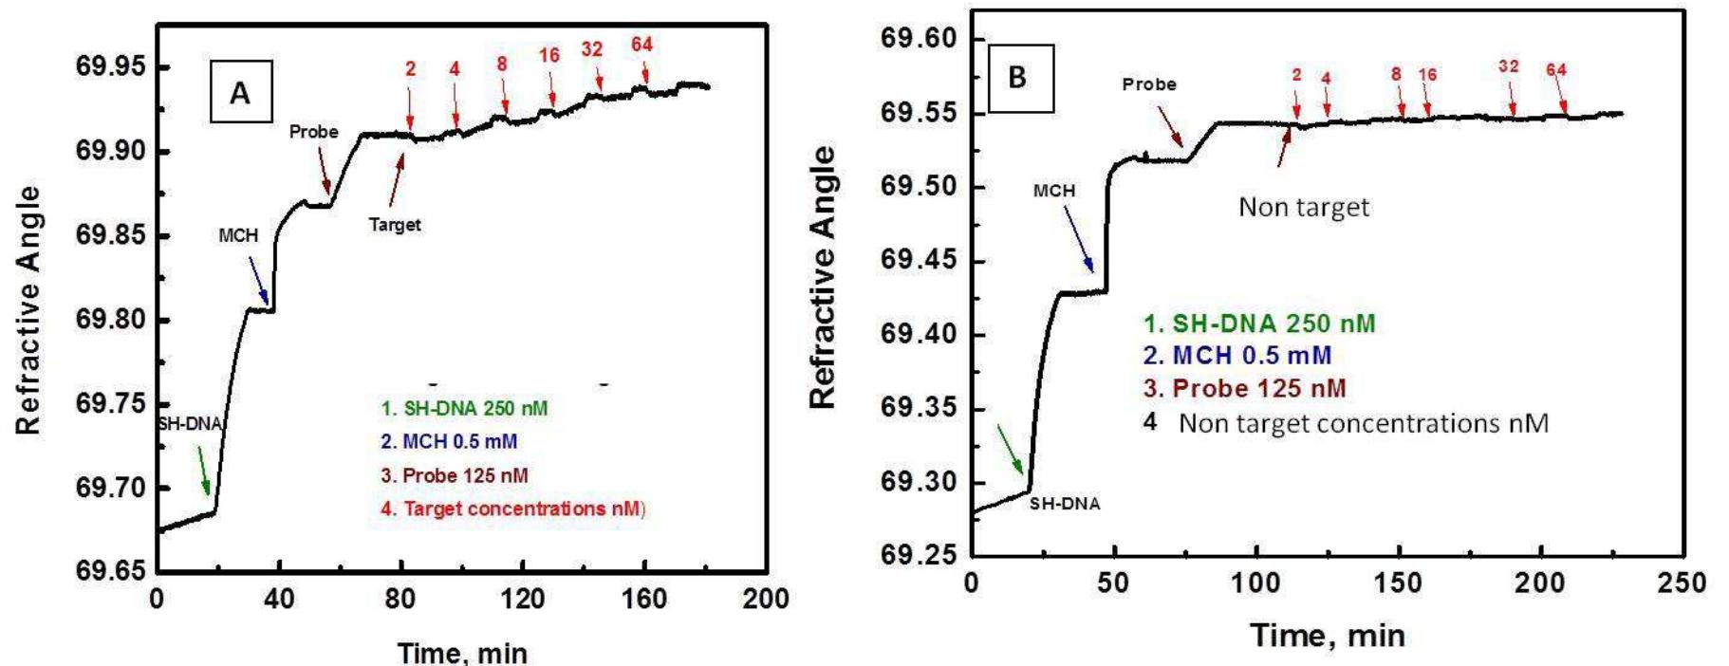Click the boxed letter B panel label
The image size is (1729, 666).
1017,77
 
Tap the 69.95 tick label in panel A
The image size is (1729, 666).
112,67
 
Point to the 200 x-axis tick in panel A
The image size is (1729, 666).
766,600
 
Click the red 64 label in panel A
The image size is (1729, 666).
641,45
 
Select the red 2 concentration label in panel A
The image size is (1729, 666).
410,68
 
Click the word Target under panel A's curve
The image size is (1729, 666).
395,225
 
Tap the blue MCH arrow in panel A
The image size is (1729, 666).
258,279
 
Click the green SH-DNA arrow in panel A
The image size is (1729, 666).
202,471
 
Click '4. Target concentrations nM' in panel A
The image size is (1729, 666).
511,509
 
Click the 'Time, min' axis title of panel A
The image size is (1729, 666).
462,653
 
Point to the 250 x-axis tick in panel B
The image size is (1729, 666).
1681,583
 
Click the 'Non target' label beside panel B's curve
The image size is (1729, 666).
1304,207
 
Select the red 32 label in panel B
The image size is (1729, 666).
1508,66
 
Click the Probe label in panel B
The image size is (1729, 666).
1148,84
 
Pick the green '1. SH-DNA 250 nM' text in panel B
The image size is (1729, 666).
1258,324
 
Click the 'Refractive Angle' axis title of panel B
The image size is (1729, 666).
824,277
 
